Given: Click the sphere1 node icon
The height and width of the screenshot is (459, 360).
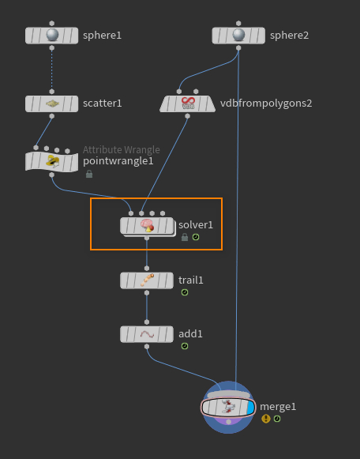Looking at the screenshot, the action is (x=52, y=35).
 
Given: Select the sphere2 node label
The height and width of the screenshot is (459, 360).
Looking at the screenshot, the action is (x=289, y=36).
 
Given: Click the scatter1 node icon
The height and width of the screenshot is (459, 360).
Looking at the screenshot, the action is (x=52, y=103).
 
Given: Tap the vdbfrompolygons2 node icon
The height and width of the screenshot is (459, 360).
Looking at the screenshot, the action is (x=188, y=103).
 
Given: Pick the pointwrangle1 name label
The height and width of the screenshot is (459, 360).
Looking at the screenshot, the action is (x=118, y=161).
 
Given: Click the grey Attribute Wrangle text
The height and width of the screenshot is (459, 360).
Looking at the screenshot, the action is (x=122, y=150).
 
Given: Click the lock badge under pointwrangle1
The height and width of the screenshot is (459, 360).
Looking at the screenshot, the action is (x=89, y=174).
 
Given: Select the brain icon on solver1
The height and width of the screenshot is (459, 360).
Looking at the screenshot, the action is (x=147, y=225).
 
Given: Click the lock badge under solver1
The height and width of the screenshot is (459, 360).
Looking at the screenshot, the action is (x=185, y=237).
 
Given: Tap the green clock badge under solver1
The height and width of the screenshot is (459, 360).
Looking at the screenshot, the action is (x=196, y=237).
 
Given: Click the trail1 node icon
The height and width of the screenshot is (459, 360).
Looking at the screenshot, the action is (x=147, y=280).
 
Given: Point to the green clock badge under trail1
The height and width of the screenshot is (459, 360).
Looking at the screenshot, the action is (x=185, y=292).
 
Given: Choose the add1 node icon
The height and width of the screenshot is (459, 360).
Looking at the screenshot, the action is (x=147, y=334).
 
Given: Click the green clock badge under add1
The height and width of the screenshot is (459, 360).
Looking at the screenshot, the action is (x=185, y=346).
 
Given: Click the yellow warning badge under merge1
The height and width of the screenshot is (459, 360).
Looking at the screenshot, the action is (x=266, y=419).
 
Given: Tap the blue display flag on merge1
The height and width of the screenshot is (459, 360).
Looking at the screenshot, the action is (x=250, y=408).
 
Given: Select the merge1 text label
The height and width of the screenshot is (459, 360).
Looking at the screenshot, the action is (x=278, y=407).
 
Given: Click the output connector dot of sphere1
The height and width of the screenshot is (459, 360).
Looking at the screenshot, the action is (x=52, y=48).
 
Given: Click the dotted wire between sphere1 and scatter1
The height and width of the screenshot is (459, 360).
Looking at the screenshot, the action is (x=52, y=70).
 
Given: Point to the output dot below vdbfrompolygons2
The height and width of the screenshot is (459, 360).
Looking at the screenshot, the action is (x=187, y=116).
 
